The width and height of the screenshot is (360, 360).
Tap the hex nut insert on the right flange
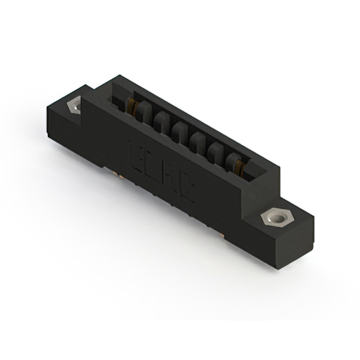coord(275,217)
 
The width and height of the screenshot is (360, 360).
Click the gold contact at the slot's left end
coord(132,105)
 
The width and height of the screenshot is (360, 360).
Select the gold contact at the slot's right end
coord(241,166)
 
